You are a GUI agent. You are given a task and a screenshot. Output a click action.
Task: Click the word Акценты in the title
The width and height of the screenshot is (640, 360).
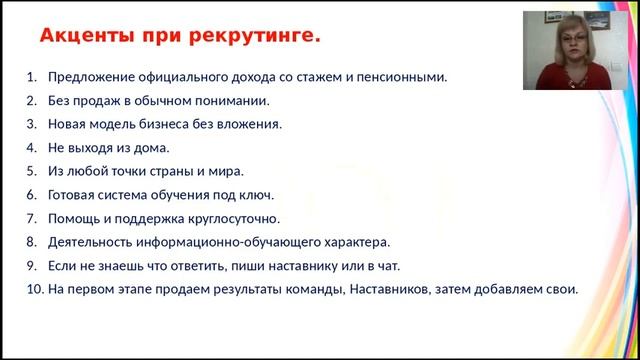[82, 37]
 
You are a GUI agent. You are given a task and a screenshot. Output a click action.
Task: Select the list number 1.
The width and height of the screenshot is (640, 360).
[30, 77]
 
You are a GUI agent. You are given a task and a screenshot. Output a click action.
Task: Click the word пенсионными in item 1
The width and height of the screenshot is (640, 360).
[405, 77]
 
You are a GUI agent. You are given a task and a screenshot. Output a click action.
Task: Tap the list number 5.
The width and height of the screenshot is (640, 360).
[30, 172]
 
